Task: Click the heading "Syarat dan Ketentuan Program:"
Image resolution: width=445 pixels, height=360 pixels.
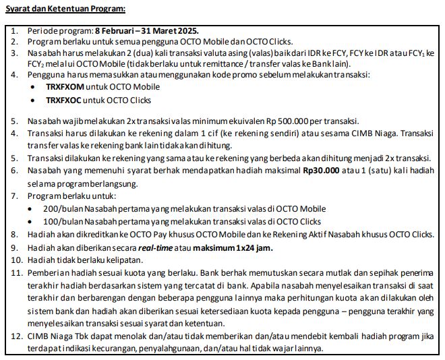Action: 65,10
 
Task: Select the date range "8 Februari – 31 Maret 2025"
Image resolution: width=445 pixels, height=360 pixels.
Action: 146,32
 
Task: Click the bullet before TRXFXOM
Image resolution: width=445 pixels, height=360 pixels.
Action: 34,87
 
